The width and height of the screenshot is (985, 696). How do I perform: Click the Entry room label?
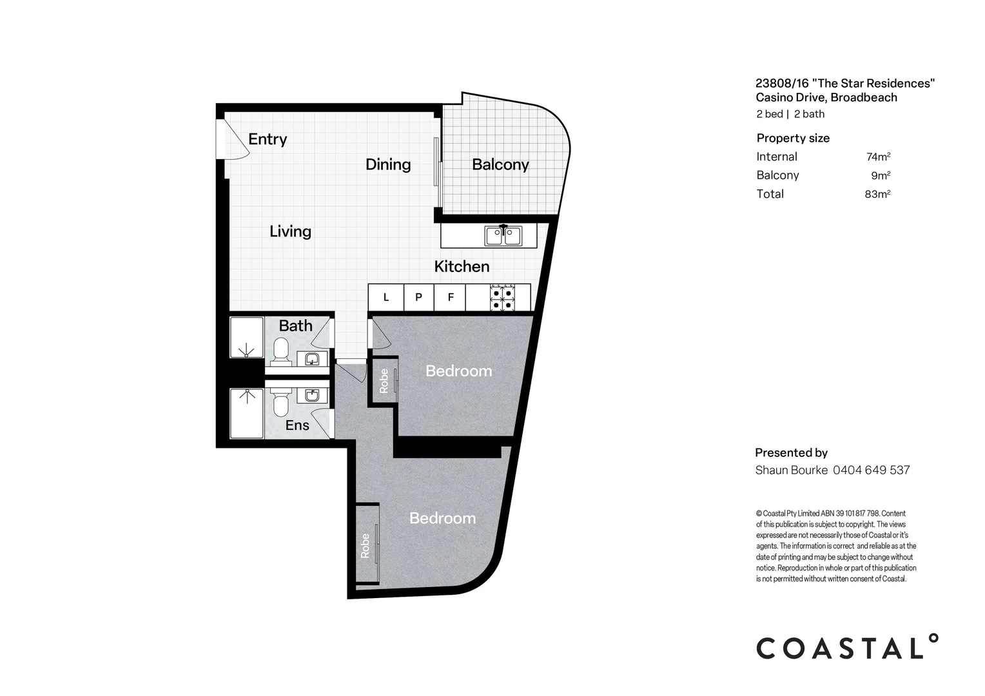[x=268, y=139]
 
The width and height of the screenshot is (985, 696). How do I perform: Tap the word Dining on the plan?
[x=388, y=165]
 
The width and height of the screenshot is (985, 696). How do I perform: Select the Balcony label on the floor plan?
[x=500, y=164]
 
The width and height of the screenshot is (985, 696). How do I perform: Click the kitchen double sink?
[x=503, y=236]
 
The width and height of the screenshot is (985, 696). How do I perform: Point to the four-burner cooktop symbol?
[x=502, y=298]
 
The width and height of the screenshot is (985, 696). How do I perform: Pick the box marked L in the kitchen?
[x=385, y=298]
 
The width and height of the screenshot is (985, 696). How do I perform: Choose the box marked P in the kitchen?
[x=418, y=298]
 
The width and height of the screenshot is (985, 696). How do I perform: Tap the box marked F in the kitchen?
[x=450, y=298]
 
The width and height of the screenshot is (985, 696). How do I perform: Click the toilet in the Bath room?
[x=280, y=352]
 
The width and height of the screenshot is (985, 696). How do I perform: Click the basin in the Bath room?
[x=312, y=359]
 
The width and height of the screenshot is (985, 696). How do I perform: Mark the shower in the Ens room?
[x=247, y=413]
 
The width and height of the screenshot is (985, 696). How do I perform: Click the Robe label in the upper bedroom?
[x=384, y=381]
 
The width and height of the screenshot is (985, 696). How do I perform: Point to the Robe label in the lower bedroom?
[x=365, y=546]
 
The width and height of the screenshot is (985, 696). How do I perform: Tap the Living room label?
[x=290, y=232]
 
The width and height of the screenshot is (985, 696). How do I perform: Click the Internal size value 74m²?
[x=878, y=157]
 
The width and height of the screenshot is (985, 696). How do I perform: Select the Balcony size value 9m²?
[x=881, y=175]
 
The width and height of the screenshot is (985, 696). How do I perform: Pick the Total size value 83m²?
[x=878, y=194]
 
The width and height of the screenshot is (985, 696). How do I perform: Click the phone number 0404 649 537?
[x=871, y=470]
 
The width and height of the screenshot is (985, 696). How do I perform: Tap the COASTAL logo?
[x=847, y=647]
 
